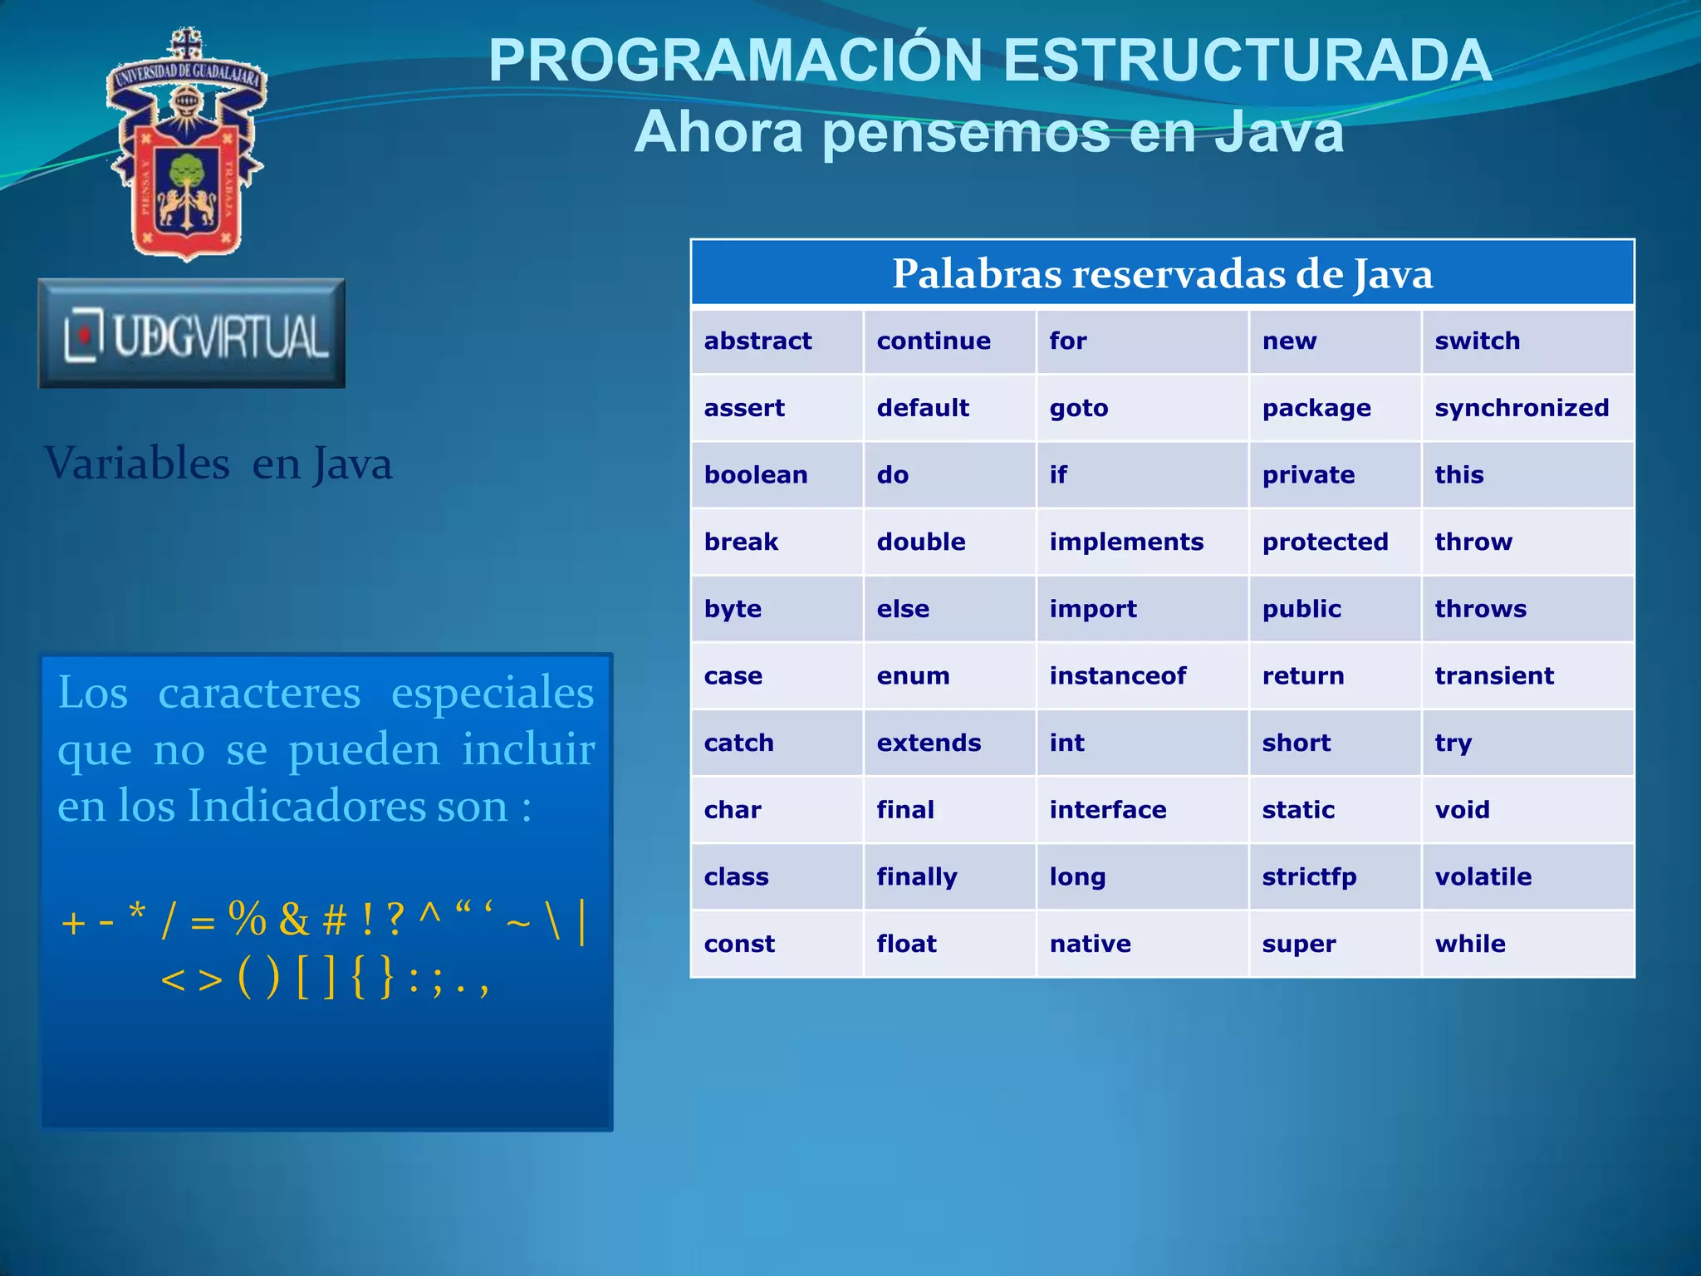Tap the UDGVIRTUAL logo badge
pos(192,334)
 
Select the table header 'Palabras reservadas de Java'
pos(1162,273)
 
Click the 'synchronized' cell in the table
pos(1522,408)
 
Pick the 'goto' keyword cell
pos(1078,408)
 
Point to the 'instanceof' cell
pos(1117,675)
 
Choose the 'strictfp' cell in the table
pos(1309,876)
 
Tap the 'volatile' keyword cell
pos(1483,876)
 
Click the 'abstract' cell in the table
pos(757,341)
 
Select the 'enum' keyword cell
pos(913,675)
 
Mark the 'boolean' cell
pos(755,474)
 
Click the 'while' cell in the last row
pos(1469,944)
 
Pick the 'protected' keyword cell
pos(1325,542)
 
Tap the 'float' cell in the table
pos(906,944)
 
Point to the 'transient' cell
pos(1493,675)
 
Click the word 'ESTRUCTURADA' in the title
pos(1247,61)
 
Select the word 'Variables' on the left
pos(137,464)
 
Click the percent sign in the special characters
pos(248,919)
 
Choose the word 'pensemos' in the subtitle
pos(966,132)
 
